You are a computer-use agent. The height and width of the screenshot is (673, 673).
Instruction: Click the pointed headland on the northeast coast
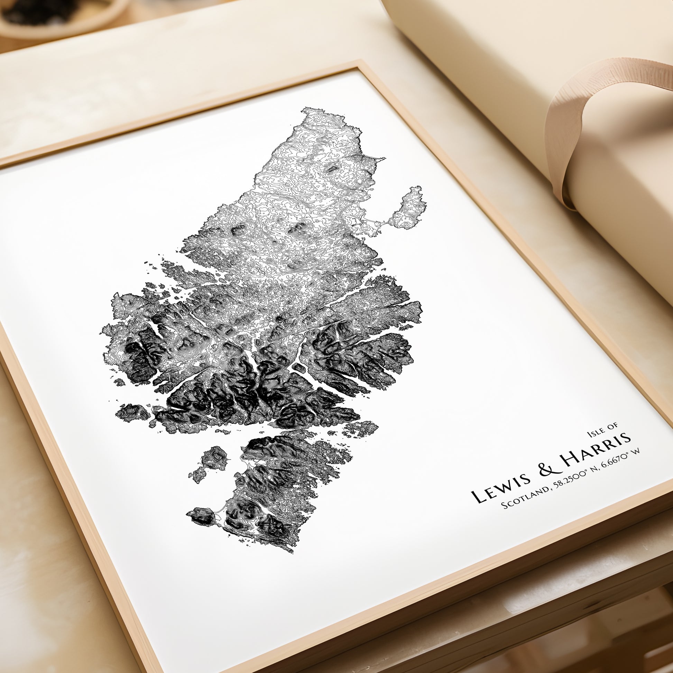click(x=383, y=159)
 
